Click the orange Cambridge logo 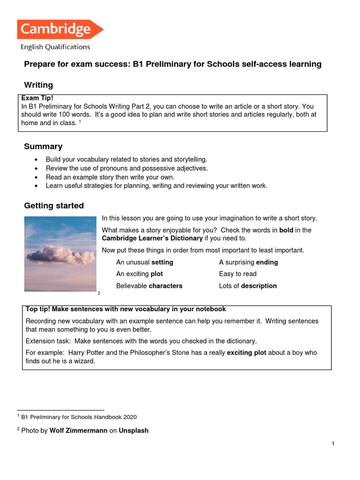pos(60,30)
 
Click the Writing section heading pos(38,85)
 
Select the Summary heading pos(43,147)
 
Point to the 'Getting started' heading pos(54,205)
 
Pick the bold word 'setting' pos(162,262)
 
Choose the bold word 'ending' pos(267,262)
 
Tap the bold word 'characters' pos(165,285)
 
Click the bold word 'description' pos(259,285)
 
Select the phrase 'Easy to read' pos(238,274)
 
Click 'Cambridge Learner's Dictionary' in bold pos(152,238)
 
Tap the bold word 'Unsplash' pos(134,430)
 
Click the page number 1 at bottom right pos(332,444)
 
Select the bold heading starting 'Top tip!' pos(126,309)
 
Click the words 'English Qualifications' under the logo pos(55,47)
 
